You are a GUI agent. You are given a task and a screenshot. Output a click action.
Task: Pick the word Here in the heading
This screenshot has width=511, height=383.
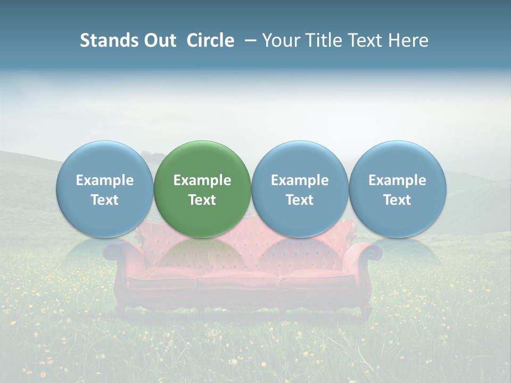tap(409, 40)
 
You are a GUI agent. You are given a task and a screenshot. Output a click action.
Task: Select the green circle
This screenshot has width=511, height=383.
tap(202, 189)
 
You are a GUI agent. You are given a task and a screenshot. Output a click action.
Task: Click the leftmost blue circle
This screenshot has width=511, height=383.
tap(105, 189)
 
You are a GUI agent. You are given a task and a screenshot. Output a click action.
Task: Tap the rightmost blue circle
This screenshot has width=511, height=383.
tap(397, 189)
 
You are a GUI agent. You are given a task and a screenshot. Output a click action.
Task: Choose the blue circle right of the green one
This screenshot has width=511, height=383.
tap(300, 189)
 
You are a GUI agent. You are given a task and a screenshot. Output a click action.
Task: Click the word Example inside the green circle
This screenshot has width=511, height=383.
tap(202, 180)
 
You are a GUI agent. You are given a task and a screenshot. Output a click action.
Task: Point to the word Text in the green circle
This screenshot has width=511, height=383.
tap(202, 200)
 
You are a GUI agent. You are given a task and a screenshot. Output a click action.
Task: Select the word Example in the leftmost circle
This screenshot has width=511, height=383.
tap(105, 180)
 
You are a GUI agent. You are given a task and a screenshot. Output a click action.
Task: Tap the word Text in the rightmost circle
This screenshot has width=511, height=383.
tap(397, 200)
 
